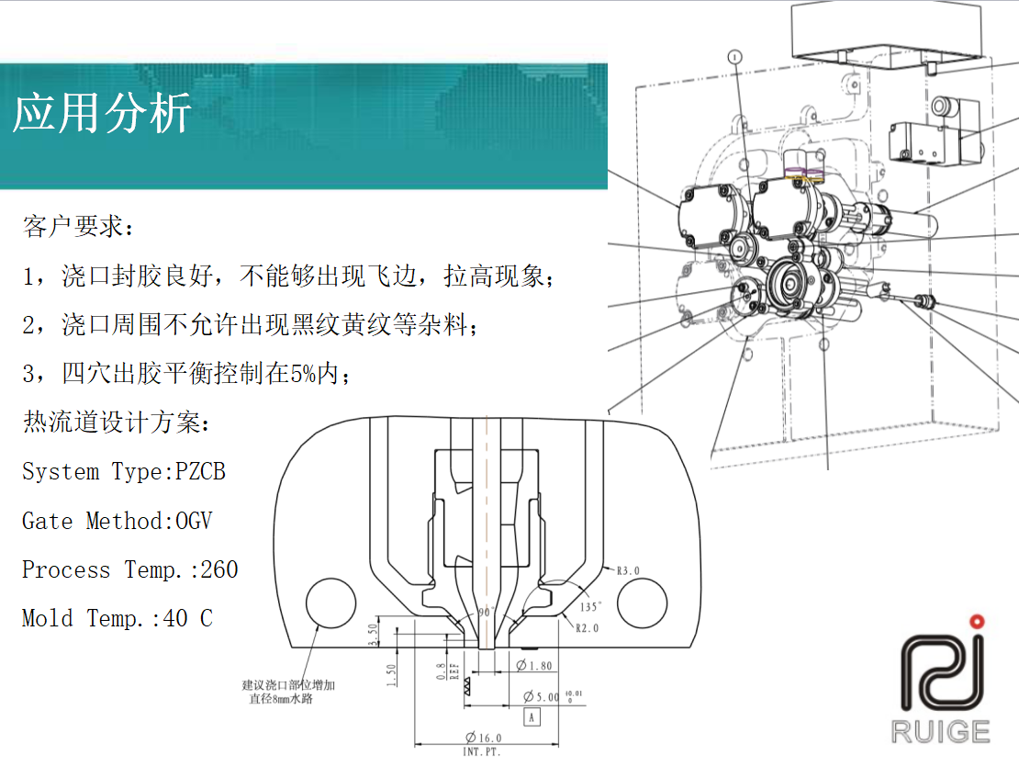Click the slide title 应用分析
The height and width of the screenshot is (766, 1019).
[102, 113]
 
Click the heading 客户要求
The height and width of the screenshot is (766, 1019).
[73, 226]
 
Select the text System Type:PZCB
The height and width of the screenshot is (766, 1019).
[124, 471]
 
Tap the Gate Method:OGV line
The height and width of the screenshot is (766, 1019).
[118, 521]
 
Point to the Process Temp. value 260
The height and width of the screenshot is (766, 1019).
[219, 569]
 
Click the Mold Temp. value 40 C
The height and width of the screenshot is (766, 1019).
[187, 618]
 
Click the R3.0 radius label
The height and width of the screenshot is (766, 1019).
[628, 571]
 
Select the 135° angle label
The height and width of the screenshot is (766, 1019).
[590, 607]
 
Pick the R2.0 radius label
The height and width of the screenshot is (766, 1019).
[587, 628]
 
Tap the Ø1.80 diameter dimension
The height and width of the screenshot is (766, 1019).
[534, 665]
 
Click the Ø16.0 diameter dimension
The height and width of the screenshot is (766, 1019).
[484, 738]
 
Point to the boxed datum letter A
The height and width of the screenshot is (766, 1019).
[532, 717]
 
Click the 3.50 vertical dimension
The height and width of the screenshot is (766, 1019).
[373, 635]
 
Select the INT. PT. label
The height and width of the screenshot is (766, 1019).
[482, 751]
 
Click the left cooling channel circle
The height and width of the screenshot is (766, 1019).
[330, 603]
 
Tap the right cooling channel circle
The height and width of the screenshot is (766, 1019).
[642, 603]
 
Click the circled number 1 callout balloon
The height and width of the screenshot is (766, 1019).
[735, 57]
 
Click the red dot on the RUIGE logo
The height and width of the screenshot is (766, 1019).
[977, 622]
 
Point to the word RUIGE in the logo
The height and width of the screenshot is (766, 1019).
[940, 731]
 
